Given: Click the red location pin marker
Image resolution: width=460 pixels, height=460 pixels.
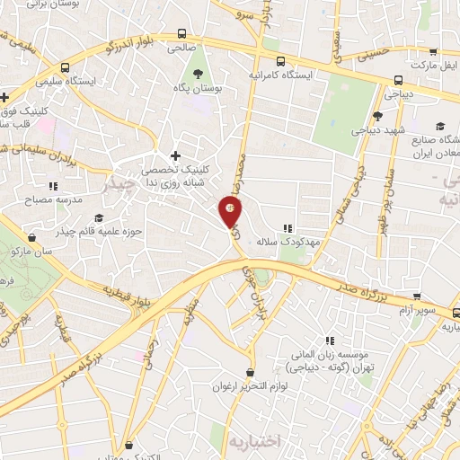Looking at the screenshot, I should pyautogui.click(x=231, y=213).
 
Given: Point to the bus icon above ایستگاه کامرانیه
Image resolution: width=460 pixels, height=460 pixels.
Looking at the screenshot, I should pyautogui.click(x=282, y=62).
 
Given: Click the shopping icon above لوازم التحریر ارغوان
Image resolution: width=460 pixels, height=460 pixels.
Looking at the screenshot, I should pyautogui.click(x=250, y=372).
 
